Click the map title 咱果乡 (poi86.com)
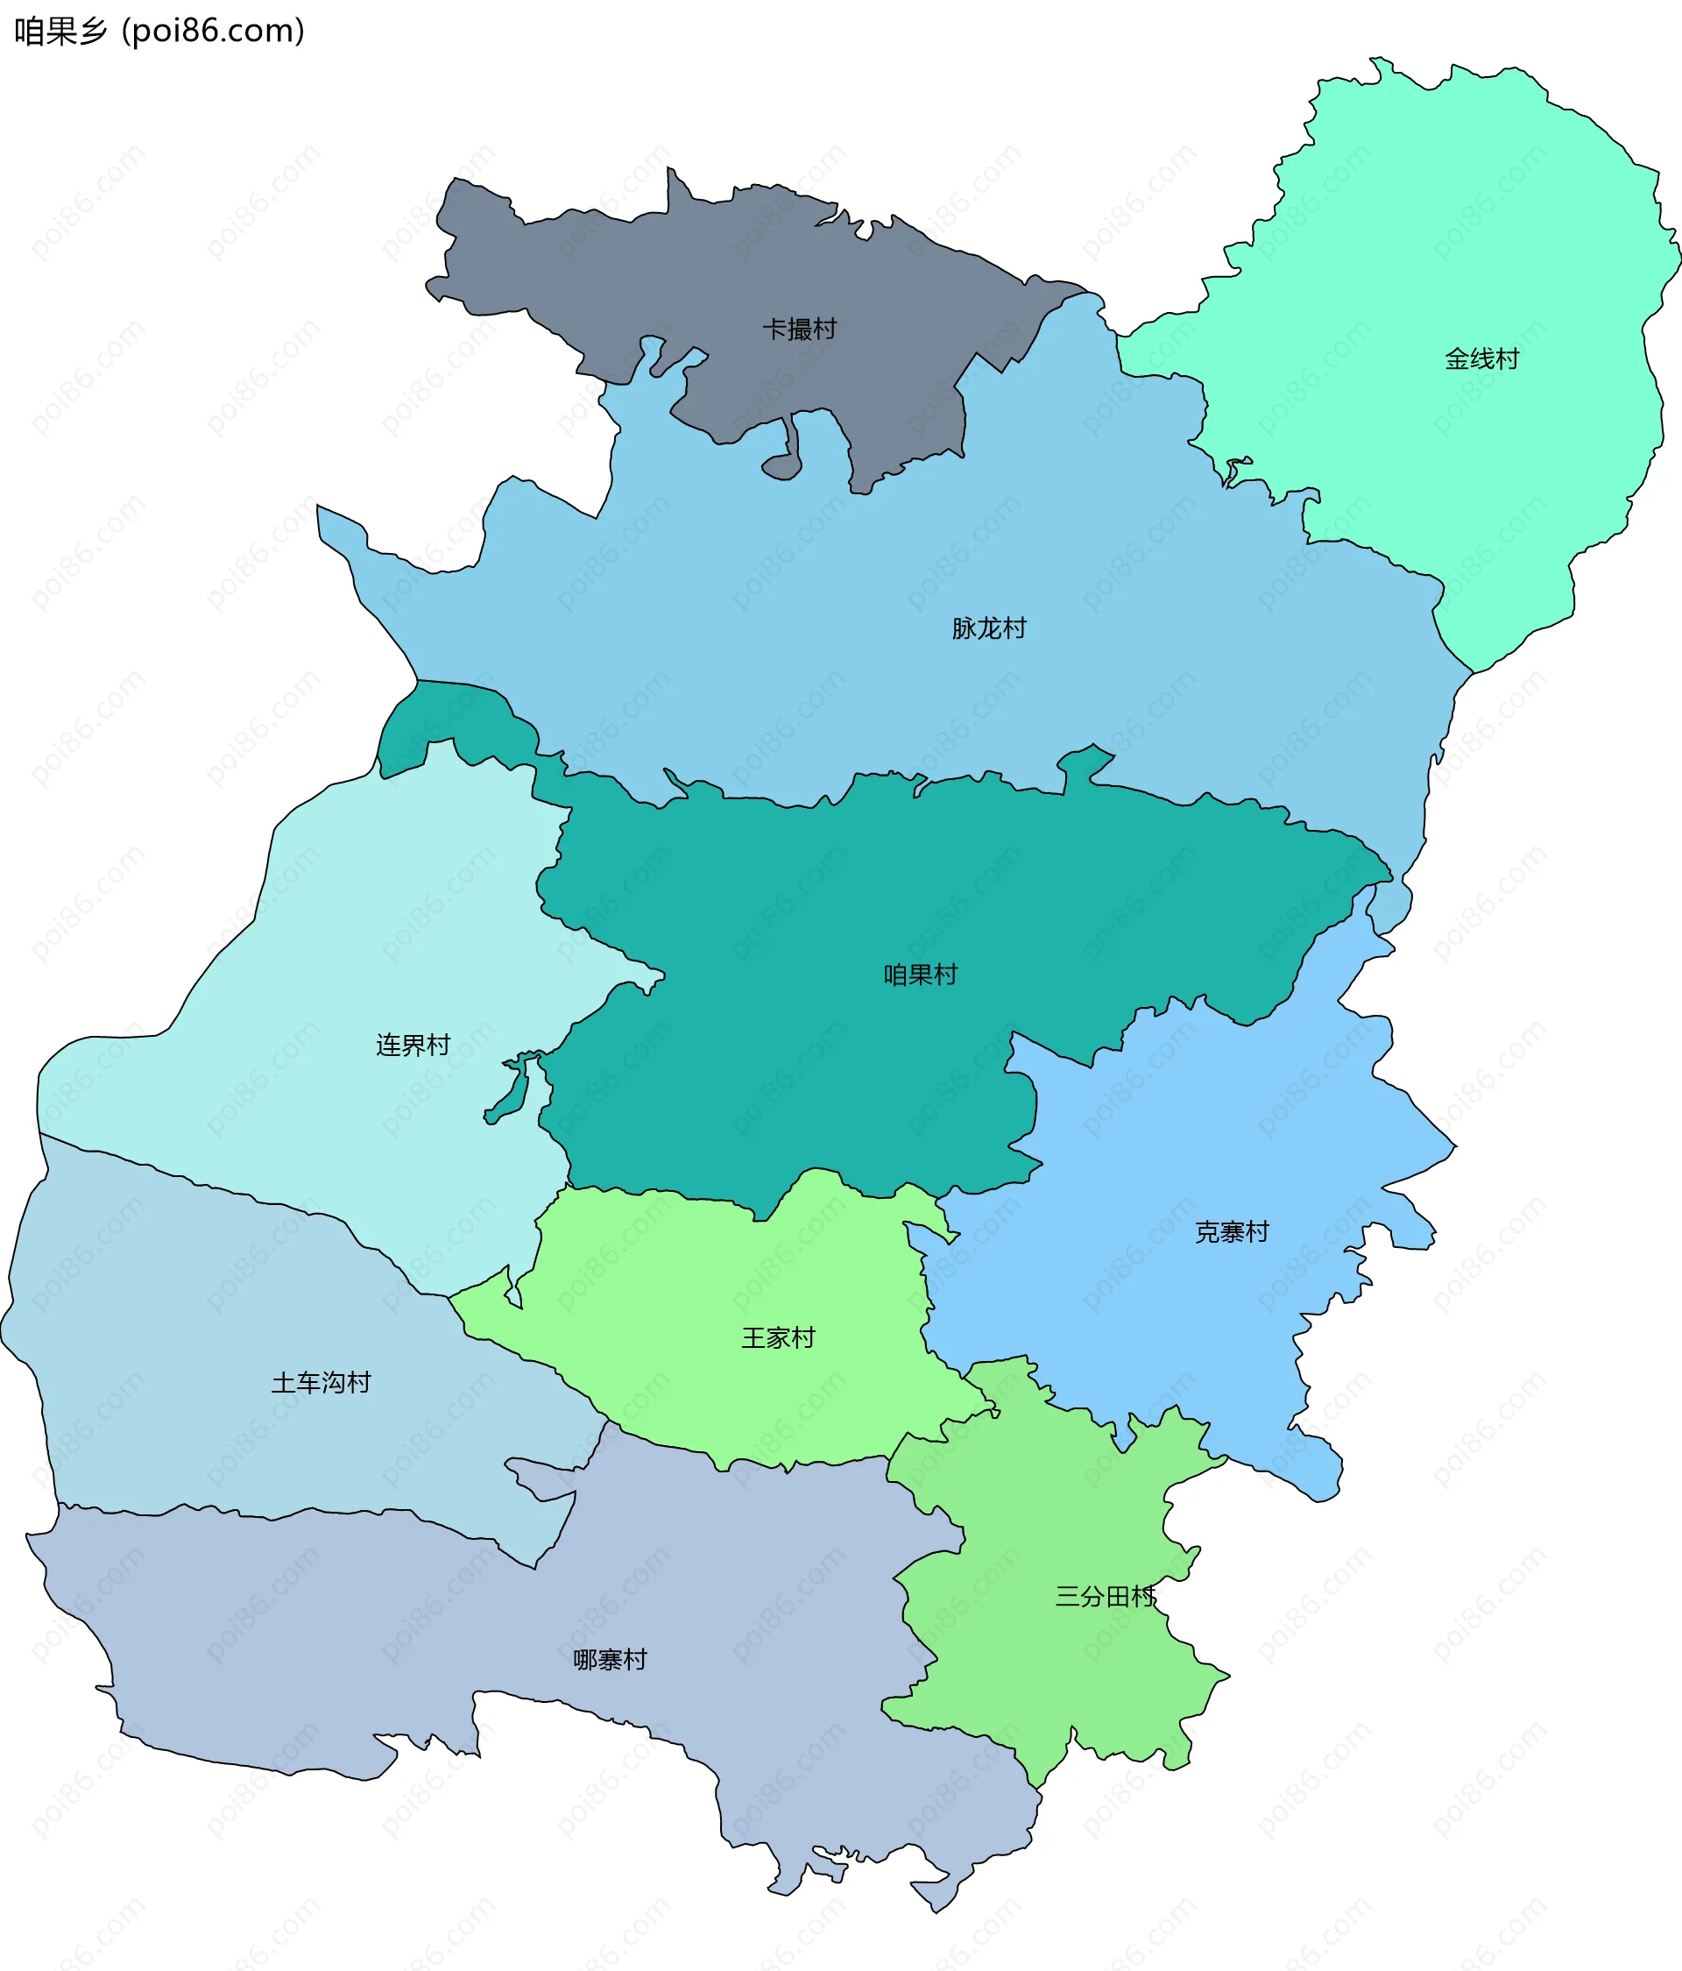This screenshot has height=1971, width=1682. pos(159,32)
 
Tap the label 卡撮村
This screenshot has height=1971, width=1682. pos(799,330)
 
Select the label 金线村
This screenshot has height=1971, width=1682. pos(1481,358)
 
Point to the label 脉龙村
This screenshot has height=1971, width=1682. pos(989,627)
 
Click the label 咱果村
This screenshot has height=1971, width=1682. pos(920,974)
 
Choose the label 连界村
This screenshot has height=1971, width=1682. pos(413,1045)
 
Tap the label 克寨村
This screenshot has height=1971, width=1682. pos(1232,1232)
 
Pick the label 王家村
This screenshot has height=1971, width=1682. pos(778,1337)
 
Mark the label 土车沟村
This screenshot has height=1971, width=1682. pos(321,1382)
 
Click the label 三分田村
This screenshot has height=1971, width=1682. pos(1105,1596)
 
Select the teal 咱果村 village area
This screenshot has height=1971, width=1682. pos(809,1066)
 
